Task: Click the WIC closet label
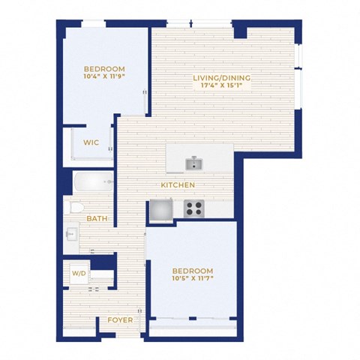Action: pyautogui.click(x=91, y=142)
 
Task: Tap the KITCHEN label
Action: pyautogui.click(x=178, y=185)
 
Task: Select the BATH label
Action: pyautogui.click(x=97, y=218)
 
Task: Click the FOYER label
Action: pyautogui.click(x=120, y=320)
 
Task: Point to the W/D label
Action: pyautogui.click(x=79, y=273)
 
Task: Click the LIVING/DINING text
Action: pyautogui.click(x=222, y=78)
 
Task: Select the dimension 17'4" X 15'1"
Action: pyautogui.click(x=222, y=85)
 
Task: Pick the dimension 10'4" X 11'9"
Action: pyautogui.click(x=104, y=76)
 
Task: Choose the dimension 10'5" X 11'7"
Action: pyautogui.click(x=193, y=278)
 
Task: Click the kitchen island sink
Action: pyautogui.click(x=194, y=163)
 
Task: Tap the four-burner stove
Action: pyautogui.click(x=194, y=208)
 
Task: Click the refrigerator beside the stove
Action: pyautogui.click(x=161, y=210)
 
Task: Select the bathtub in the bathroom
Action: pyautogui.click(x=94, y=181)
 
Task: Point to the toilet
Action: pyautogui.click(x=74, y=208)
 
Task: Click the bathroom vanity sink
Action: pyautogui.click(x=70, y=235)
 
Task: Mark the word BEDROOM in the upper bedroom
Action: pyautogui.click(x=104, y=69)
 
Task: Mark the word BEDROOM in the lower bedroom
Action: pyautogui.click(x=193, y=271)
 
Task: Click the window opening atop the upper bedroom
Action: pyautogui.click(x=94, y=24)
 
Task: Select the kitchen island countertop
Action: pyautogui.click(x=199, y=158)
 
